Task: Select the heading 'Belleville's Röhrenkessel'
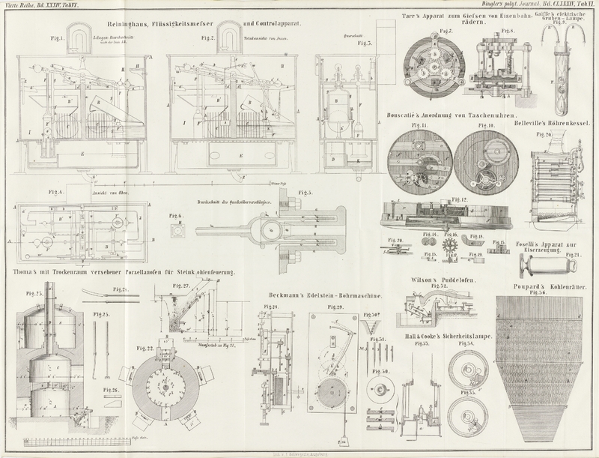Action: (x=559, y=118)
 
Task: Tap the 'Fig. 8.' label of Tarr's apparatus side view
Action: (x=506, y=32)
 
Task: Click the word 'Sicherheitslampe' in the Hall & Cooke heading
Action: (x=462, y=336)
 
